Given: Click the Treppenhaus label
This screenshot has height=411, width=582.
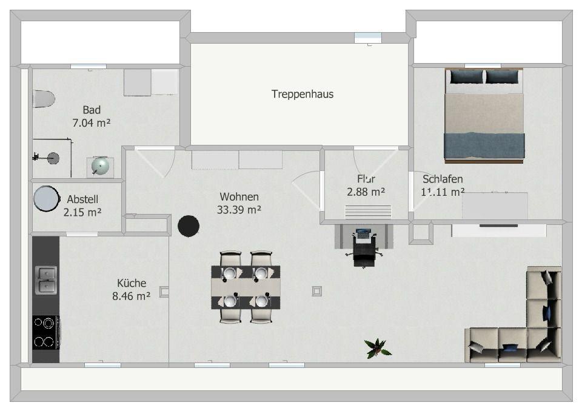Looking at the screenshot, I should coord(302,94).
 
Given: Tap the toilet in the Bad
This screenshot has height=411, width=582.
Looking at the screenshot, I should coord(43,98).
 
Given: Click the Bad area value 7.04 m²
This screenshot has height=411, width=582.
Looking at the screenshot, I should coord(91,122).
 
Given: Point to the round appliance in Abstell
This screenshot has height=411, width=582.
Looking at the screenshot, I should coord(46,198).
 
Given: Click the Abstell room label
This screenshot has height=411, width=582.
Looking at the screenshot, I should coord(82,199).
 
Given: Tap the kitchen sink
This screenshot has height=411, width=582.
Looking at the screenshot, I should coord(46,280).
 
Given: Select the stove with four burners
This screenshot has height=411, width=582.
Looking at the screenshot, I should coord(46,332).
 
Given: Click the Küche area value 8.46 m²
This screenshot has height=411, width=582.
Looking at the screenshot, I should coord(131,296).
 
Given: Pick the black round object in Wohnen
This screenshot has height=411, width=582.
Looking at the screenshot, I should coord(189,226).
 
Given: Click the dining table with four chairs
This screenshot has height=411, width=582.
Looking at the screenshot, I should coord(246,287).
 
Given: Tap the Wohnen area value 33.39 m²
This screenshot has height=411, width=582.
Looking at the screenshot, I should coord(239,210).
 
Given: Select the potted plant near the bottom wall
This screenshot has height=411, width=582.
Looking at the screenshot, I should coord(377,348).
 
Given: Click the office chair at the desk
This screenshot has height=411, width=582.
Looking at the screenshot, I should coord(364,253).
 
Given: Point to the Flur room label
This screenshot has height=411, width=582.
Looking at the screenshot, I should coord(366,179).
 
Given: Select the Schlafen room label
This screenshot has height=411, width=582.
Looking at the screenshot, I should coord(443,179).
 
